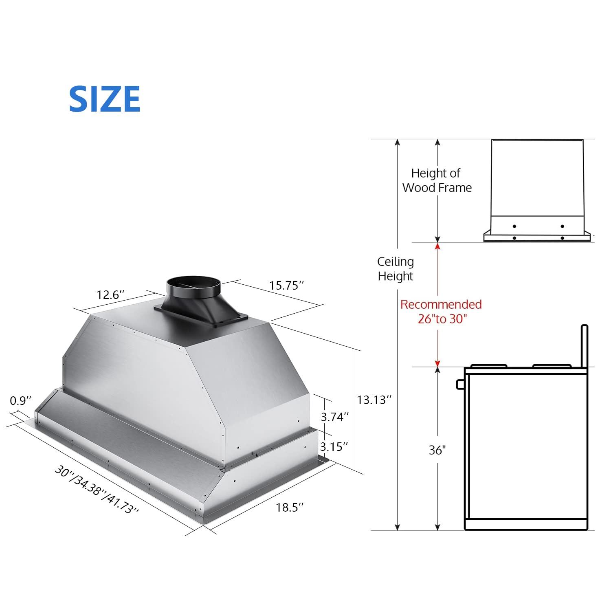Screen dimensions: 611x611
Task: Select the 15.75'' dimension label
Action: (286, 285)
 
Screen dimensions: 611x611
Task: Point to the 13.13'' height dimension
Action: (374, 400)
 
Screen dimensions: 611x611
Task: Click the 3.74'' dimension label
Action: (335, 417)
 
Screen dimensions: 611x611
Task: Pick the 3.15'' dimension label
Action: (334, 446)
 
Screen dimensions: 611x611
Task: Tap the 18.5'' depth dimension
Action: (290, 508)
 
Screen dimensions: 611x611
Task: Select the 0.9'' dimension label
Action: (20, 401)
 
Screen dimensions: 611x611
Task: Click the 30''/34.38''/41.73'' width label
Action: (97, 490)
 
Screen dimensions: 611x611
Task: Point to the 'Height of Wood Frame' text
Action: (437, 180)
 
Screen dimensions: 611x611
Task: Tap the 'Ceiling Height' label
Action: (395, 269)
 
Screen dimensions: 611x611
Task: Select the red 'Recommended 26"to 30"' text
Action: (441, 312)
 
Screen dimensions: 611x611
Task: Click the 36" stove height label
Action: (437, 450)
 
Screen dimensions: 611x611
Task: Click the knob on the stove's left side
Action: (460, 384)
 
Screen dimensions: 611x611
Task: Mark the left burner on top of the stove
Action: (489, 365)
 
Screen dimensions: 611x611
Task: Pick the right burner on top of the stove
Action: (552, 365)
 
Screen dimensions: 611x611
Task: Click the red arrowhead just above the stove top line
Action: (437, 362)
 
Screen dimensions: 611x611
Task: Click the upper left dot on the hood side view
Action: (514, 226)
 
